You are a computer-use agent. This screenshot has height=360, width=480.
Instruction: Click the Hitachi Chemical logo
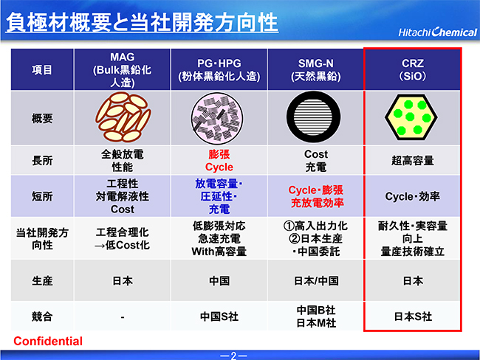pos(437,32)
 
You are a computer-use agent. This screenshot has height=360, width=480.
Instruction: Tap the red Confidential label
pos(48,341)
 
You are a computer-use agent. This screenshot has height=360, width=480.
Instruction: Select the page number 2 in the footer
pos(233,356)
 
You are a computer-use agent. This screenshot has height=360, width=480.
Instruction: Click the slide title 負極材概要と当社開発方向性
pos(142,22)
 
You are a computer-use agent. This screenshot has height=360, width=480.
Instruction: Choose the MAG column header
pos(122,70)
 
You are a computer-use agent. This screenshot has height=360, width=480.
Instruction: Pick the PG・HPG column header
pos(219,70)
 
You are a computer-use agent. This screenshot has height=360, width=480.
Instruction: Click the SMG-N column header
pos(316,70)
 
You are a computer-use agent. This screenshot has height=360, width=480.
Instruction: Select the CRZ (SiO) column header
pos(412,70)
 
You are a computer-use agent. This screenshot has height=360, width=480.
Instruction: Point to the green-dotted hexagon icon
pos(411,117)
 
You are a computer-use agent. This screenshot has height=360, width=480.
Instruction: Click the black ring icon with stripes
pos(313,117)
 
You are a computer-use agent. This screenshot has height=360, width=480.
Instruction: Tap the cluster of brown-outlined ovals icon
pos(123,117)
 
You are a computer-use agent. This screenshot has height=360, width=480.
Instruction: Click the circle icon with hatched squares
pos(217,118)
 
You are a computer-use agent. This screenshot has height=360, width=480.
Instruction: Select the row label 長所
pos(42,160)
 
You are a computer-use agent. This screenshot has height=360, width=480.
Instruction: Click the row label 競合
pos(42,316)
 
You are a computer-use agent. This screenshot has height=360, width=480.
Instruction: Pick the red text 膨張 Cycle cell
pos(219,161)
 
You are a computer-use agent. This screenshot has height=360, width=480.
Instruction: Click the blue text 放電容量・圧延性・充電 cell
pos(219,196)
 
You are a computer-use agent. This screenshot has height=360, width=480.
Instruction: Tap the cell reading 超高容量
pos(413,160)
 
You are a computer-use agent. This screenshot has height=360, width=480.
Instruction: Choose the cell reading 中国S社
pos(219,316)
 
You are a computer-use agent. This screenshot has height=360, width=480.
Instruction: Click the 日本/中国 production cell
pos(316,281)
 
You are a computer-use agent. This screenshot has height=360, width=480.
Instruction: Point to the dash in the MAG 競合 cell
pos(123,317)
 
